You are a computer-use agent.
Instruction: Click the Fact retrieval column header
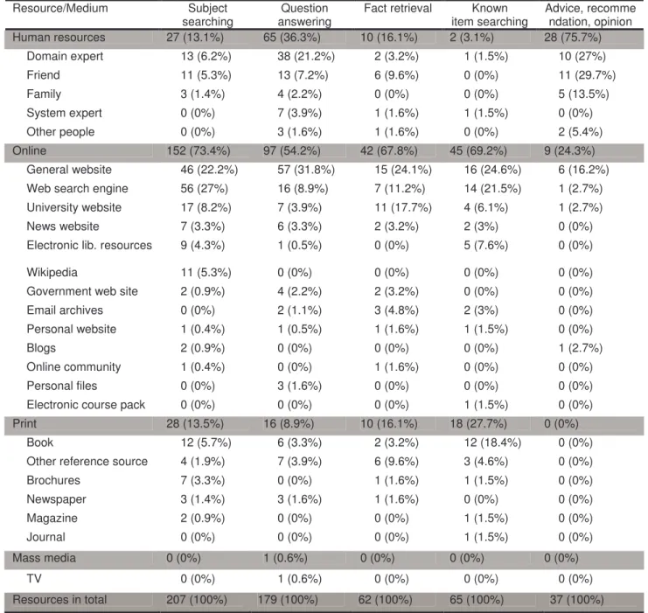pyautogui.click(x=398, y=8)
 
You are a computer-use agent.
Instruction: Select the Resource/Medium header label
pyautogui.click(x=60, y=8)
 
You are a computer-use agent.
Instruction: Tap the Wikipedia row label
pyautogui.click(x=52, y=273)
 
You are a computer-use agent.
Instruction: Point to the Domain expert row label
pyautogui.click(x=65, y=56)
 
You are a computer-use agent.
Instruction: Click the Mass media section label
pyautogui.click(x=45, y=558)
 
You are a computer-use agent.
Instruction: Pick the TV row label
pyautogui.click(x=34, y=579)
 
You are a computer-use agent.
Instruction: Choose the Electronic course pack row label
pyautogui.click(x=86, y=405)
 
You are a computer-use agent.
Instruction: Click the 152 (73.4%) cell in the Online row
pyautogui.click(x=199, y=151)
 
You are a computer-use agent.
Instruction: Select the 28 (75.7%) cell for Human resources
pyautogui.click(x=573, y=38)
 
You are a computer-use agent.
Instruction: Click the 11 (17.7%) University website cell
pyautogui.click(x=403, y=207)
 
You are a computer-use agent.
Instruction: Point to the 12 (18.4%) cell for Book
pyautogui.click(x=492, y=442)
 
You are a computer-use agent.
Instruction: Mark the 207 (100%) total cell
pyautogui.click(x=197, y=600)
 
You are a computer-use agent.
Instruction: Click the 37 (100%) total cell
pyautogui.click(x=576, y=600)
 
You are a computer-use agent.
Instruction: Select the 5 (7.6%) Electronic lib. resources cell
pyautogui.click(x=485, y=246)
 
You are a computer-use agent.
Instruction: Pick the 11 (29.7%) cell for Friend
pyautogui.click(x=587, y=75)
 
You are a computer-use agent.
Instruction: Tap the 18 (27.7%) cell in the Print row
pyautogui.click(x=478, y=424)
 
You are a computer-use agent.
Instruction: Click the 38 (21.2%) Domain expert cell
pyautogui.click(x=306, y=56)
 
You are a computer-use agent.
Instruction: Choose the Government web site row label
pyautogui.click(x=82, y=291)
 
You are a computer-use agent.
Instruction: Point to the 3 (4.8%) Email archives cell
pyautogui.click(x=396, y=310)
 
